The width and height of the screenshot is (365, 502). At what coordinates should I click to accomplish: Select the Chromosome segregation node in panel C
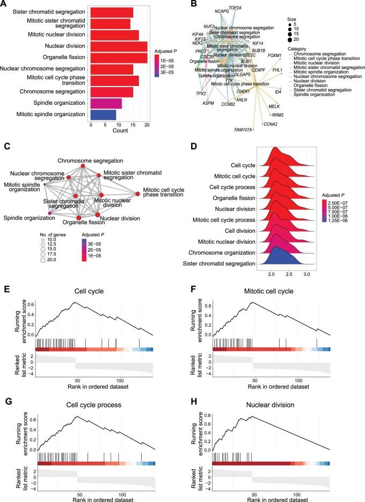pos(84,166)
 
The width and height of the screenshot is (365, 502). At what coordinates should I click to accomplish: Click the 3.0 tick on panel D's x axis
pos(307,273)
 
